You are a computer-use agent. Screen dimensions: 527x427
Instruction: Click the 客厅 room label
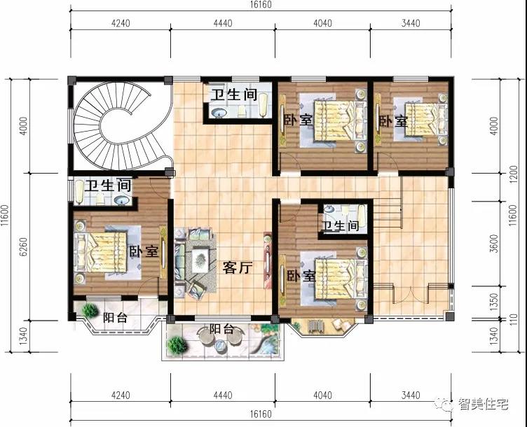point(238,267)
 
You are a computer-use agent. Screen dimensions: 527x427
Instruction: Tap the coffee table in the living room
point(200,260)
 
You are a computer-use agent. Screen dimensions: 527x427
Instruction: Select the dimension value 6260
point(23,246)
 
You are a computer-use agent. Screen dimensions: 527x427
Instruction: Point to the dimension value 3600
point(494,244)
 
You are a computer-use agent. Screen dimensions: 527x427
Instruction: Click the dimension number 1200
point(513,174)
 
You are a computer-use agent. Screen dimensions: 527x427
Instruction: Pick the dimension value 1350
point(494,302)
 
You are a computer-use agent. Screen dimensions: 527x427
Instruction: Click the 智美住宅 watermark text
point(484,404)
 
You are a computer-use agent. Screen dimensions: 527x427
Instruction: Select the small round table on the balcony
point(220,345)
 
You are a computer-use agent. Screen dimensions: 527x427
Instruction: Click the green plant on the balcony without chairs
point(90,310)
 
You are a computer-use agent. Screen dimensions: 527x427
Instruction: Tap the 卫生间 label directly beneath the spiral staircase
point(107,185)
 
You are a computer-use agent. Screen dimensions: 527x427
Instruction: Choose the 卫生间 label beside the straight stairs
point(340,225)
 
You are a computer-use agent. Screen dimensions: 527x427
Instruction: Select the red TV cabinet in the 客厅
point(268,260)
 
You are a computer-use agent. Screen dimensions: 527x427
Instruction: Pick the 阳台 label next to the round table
point(221,329)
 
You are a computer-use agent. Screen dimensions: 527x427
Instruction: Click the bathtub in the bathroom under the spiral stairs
point(78,192)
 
